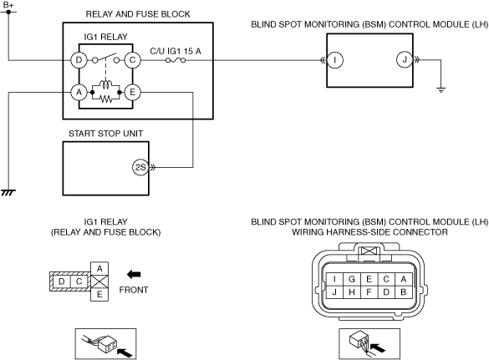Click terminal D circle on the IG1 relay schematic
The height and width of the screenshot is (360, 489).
[79, 60]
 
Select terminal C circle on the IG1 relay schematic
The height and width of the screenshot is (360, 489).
[133, 60]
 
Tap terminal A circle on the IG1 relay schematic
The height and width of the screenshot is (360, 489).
[79, 92]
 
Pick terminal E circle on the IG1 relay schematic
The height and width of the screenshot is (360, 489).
[133, 92]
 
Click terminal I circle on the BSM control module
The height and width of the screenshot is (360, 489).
[335, 60]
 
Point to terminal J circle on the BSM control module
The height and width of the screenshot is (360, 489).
[405, 60]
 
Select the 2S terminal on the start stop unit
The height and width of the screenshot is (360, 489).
[140, 167]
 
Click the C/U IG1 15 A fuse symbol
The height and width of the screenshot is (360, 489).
[176, 60]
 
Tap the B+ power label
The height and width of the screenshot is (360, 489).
[8, 5]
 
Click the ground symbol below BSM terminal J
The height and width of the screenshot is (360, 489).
[441, 90]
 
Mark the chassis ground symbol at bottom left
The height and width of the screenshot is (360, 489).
[8, 192]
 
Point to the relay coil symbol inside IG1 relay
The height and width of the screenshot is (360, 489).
[105, 84]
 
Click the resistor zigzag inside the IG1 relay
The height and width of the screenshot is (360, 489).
[105, 99]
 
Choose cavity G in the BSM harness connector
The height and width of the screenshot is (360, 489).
[352, 279]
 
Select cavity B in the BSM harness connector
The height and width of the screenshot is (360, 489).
[403, 292]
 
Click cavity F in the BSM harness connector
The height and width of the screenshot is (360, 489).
[369, 292]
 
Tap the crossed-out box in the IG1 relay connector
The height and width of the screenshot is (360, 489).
[99, 281]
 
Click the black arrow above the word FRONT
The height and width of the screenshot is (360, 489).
[134, 275]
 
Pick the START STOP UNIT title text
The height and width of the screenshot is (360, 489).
[105, 134]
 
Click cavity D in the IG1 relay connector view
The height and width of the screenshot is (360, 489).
[62, 281]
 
